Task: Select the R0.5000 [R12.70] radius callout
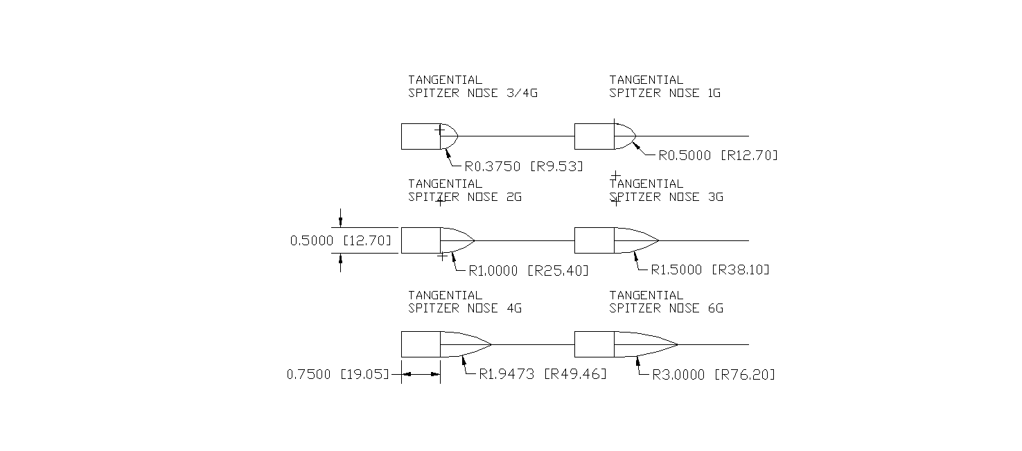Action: coord(718,156)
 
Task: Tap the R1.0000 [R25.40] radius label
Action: coord(529,270)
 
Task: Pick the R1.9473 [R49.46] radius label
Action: coord(543,375)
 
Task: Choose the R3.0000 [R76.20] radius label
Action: coord(714,375)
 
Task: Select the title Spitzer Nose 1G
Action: coord(664,87)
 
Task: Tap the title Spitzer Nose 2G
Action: coord(464,191)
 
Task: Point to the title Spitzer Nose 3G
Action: coord(666,191)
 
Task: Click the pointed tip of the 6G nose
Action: coord(677,344)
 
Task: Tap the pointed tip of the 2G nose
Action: coord(474,240)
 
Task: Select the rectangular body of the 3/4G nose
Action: coord(421,136)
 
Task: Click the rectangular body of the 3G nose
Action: coord(594,240)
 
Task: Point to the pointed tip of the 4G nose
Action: coord(491,344)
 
